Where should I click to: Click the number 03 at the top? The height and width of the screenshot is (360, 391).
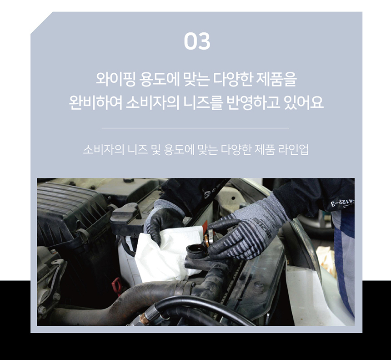[x=197, y=41]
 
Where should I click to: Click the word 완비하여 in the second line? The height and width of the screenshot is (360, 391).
[x=95, y=102]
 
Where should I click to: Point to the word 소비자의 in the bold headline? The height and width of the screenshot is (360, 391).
[x=153, y=102]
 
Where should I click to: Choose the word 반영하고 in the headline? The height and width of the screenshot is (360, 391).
[x=253, y=102]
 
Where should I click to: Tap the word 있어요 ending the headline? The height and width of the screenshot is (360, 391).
[x=304, y=102]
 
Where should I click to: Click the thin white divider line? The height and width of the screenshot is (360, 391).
[x=195, y=128]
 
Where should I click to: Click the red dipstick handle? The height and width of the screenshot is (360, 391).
[x=117, y=285]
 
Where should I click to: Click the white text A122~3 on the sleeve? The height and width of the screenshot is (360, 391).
[x=342, y=203]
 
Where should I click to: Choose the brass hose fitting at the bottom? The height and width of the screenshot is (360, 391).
[x=144, y=318]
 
